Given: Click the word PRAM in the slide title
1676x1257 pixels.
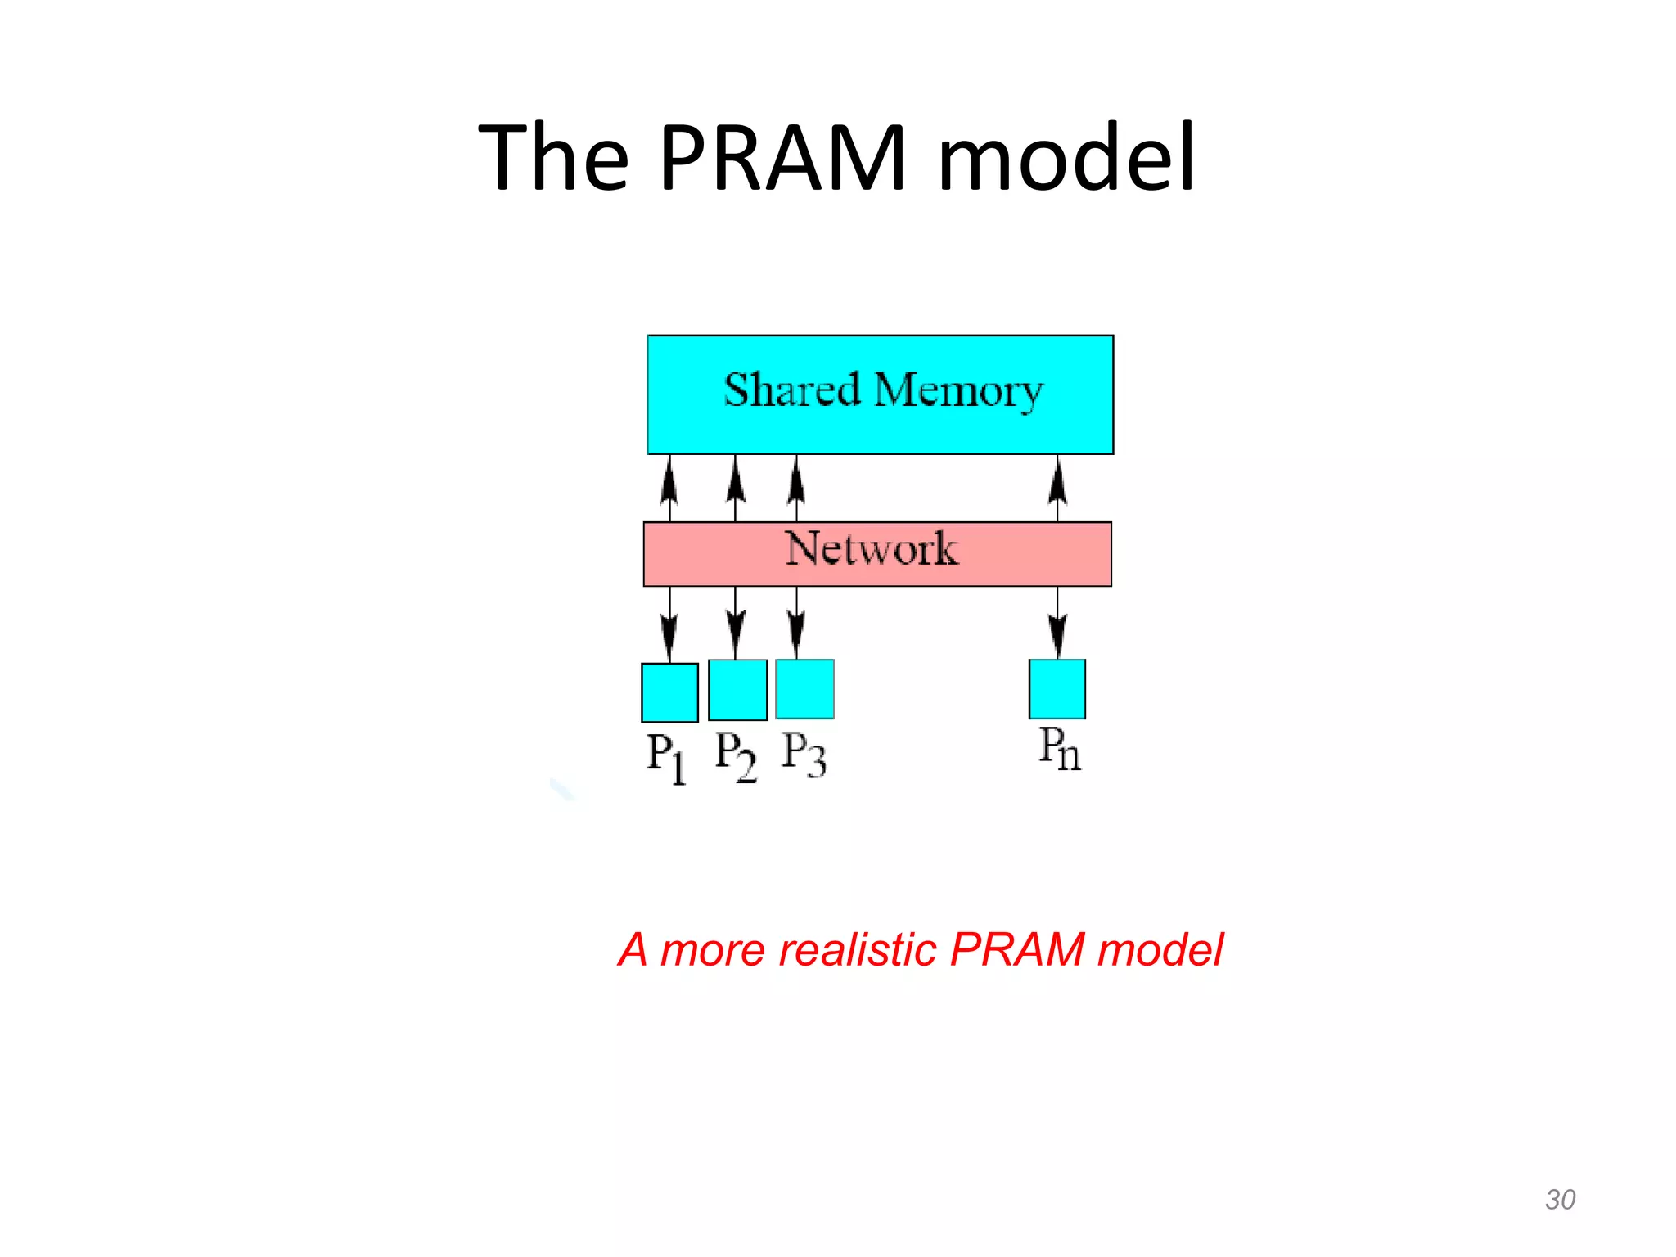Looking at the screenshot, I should [x=783, y=158].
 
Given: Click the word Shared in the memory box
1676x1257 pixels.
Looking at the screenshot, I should [x=791, y=390].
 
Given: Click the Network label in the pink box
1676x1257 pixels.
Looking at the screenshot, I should [x=872, y=549].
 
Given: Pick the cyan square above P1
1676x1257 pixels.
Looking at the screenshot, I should [x=669, y=692].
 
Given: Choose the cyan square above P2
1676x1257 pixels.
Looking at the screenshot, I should [x=737, y=690].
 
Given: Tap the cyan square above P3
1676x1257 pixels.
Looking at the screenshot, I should [x=804, y=689].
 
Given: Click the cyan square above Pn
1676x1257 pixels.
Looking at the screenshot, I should [x=1057, y=689].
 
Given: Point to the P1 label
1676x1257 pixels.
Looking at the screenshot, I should [x=666, y=757].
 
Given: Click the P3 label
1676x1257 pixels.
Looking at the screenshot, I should [x=804, y=754].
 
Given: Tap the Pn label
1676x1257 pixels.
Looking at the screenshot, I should [x=1060, y=749].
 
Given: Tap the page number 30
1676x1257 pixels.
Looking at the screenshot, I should [x=1560, y=1200].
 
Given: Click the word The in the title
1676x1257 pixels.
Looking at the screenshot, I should [x=554, y=158].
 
